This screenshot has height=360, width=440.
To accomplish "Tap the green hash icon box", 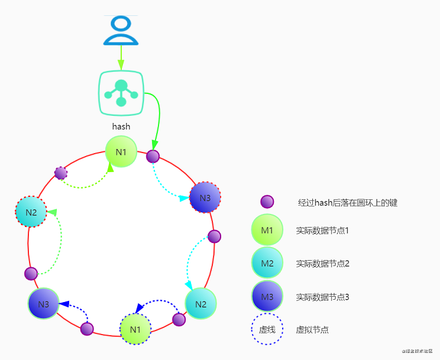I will [x=121, y=93].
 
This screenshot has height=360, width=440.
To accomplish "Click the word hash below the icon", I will [x=121, y=126].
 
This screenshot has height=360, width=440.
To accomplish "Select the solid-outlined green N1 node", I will [x=121, y=152].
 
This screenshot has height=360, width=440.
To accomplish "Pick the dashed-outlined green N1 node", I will [x=135, y=329].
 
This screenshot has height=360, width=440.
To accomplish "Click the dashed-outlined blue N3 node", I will [x=205, y=197].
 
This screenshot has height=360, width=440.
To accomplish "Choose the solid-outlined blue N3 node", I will [x=44, y=304].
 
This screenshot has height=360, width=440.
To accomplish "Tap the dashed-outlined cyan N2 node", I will [x=31, y=212].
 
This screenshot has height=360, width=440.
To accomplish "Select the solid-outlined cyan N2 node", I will [x=200, y=304].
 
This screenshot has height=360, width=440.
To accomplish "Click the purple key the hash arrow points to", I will [x=153, y=156].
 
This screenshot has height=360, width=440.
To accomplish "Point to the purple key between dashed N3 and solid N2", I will [x=215, y=236].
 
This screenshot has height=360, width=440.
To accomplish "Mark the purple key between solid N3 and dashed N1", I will [x=87, y=328].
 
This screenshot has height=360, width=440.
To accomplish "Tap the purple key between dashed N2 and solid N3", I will [x=31, y=274].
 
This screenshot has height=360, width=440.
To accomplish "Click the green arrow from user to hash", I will [x=121, y=58].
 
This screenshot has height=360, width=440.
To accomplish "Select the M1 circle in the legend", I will [x=267, y=230].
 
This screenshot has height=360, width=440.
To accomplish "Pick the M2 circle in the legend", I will [x=267, y=263].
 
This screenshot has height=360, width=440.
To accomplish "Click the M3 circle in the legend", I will [x=267, y=296].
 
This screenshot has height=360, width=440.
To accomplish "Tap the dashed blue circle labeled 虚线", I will [x=267, y=329].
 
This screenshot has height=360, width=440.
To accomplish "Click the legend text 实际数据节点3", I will [x=323, y=297].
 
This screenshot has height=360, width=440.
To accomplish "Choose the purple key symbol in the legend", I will [x=267, y=202].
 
